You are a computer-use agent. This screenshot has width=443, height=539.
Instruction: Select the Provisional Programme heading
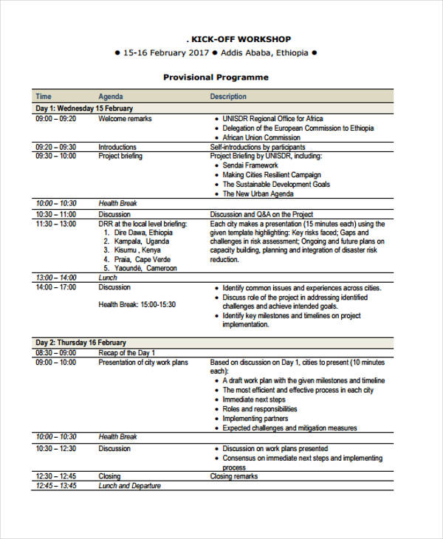coord(216,78)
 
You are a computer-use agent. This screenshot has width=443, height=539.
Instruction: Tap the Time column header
coord(44,97)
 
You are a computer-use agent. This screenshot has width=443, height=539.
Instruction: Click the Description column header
coord(228,97)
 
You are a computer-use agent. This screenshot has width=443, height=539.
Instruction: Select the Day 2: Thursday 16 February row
coord(81,343)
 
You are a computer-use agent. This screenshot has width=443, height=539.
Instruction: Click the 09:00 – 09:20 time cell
coord(55,119)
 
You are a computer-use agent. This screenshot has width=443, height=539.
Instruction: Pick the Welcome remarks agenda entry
coord(125,119)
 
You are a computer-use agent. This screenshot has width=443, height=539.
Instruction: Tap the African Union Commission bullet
coord(261,138)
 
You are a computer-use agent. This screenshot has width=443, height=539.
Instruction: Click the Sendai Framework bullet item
coord(250,165)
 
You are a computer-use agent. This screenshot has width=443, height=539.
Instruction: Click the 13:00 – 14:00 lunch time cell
coord(55,278)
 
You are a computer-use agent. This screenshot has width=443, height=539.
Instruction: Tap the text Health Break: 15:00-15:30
coord(137,304)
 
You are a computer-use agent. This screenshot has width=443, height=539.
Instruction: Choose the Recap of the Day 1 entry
coord(127,353)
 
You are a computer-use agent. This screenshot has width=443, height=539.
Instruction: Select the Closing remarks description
coord(234,476)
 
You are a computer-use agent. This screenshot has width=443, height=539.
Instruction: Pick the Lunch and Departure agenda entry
coord(129,486)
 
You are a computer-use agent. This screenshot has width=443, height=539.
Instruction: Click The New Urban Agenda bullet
coord(259,193)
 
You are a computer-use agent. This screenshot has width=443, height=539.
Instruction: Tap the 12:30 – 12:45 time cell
coord(55,476)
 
